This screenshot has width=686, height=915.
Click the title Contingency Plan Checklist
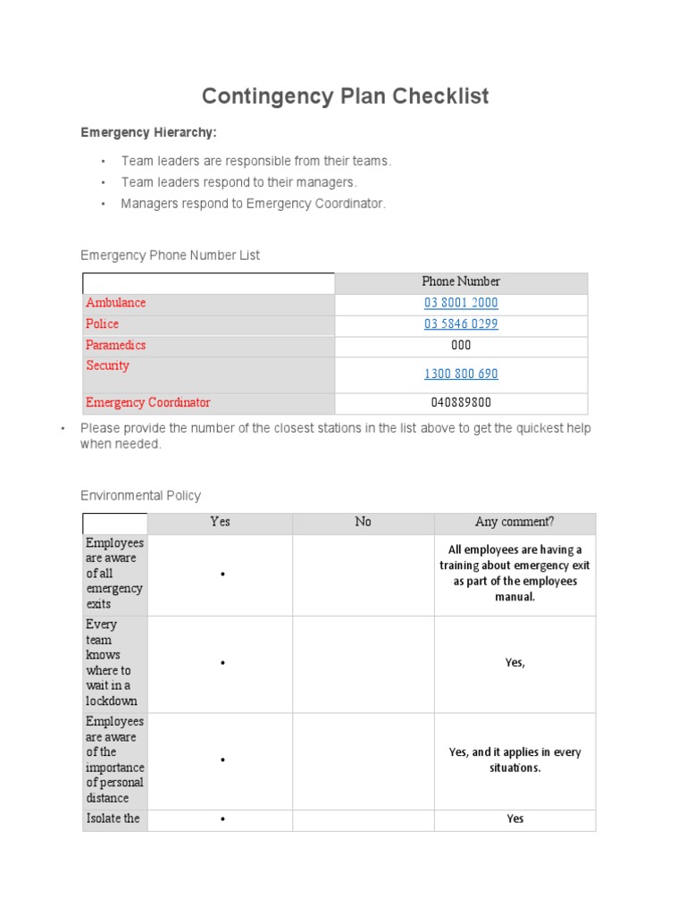(345, 97)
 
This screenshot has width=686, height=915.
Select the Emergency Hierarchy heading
(148, 132)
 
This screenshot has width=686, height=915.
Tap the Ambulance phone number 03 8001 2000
(461, 303)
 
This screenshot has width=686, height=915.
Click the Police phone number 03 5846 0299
(461, 323)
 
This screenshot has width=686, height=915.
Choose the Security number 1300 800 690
(461, 374)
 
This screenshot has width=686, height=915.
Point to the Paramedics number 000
(461, 345)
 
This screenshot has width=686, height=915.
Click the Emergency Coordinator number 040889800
(461, 402)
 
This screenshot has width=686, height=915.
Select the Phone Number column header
(461, 281)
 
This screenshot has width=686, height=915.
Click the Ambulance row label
(116, 303)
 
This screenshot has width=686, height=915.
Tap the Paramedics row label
(116, 345)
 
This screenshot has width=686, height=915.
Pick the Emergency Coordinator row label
(148, 402)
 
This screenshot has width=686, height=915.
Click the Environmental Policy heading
(140, 495)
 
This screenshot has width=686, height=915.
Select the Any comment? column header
(514, 522)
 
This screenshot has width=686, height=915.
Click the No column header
(363, 522)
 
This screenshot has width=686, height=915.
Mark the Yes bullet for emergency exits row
(221, 575)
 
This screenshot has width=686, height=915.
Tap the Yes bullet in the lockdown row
(221, 663)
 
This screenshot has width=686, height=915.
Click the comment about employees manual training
(514, 573)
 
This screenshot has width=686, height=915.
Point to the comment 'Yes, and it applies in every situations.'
(514, 760)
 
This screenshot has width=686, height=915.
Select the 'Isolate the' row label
(113, 818)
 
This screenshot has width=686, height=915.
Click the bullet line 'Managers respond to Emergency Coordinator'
(254, 204)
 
